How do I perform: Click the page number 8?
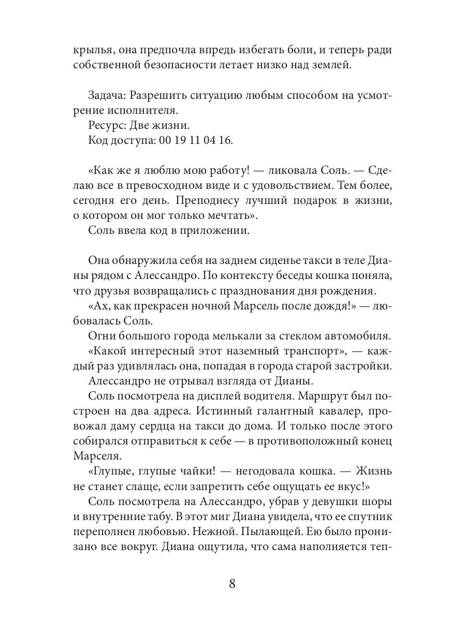pos(232,584)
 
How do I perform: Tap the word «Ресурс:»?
pos(107,125)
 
